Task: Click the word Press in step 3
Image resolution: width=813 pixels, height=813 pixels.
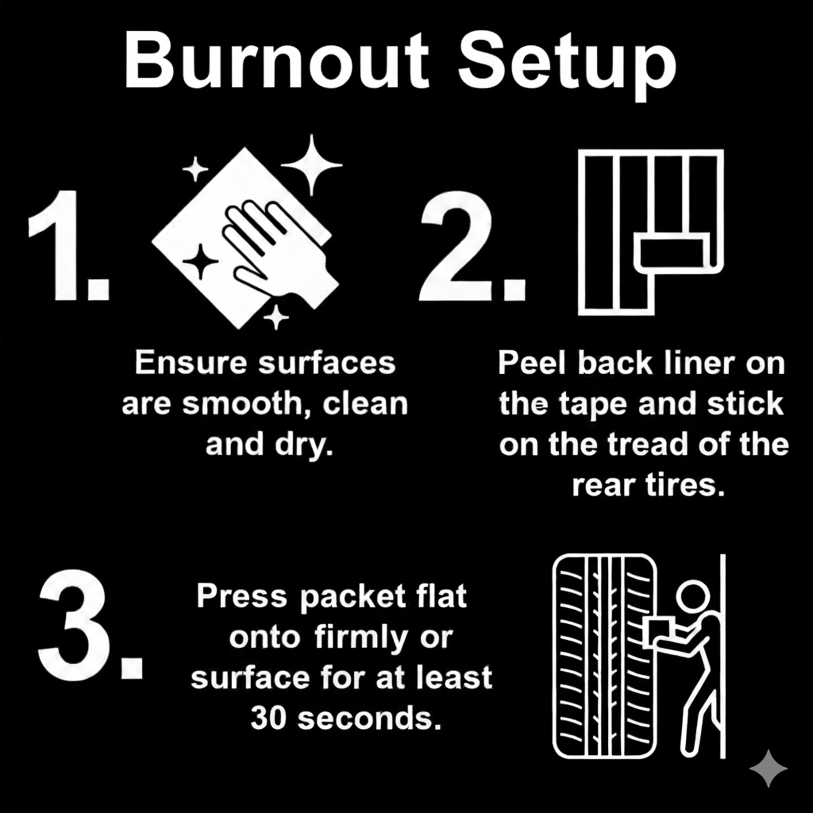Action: pos(242,597)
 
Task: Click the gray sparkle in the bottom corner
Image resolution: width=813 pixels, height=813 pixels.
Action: pos(768,768)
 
